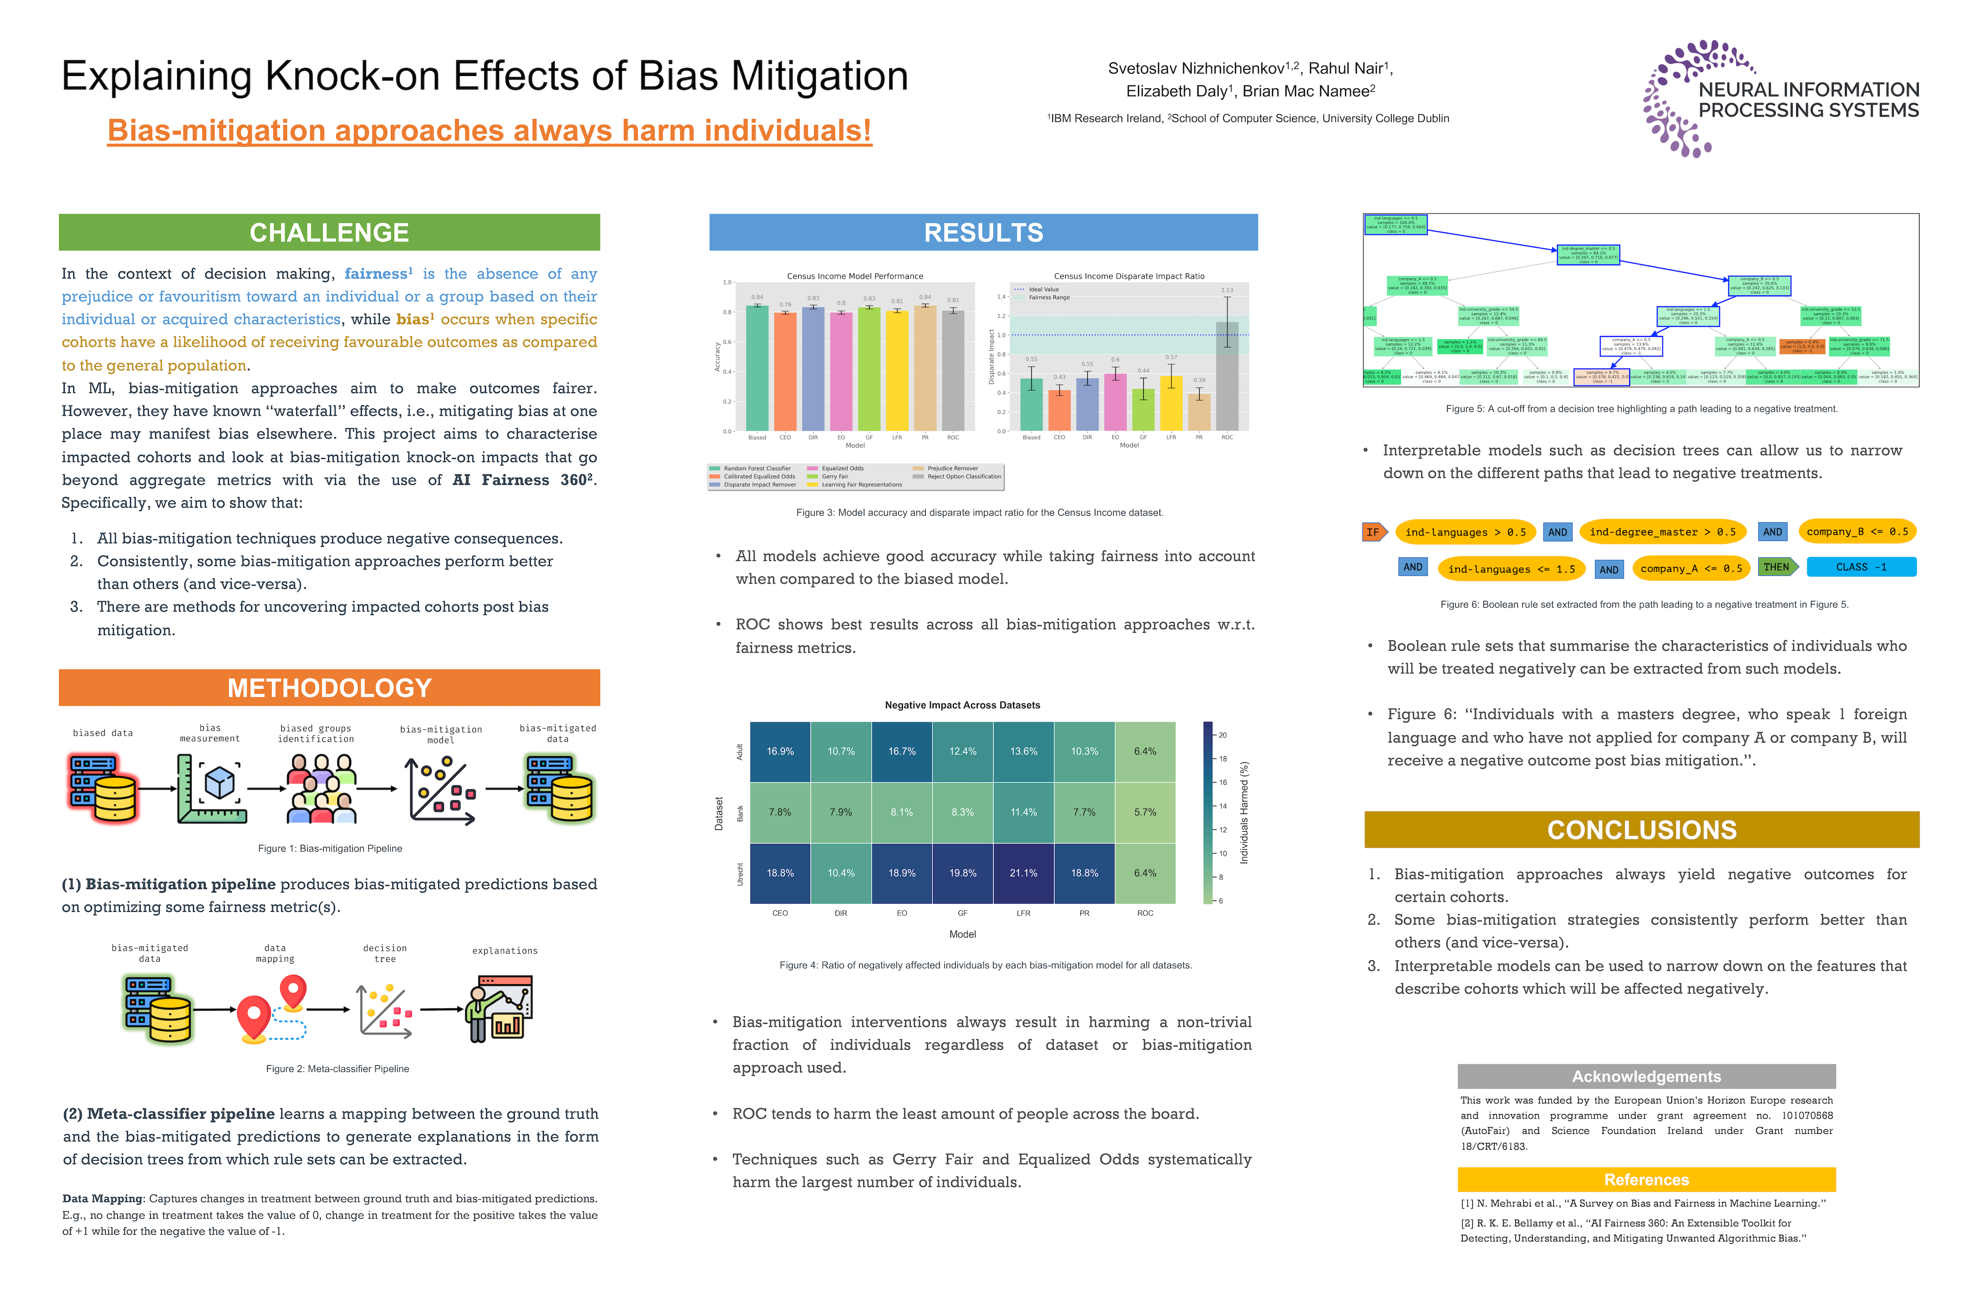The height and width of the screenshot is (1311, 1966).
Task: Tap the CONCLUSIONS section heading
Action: [x=1641, y=829]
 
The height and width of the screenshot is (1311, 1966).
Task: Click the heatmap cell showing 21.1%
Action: [x=1023, y=873]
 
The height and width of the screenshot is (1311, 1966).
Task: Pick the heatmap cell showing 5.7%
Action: [x=1144, y=812]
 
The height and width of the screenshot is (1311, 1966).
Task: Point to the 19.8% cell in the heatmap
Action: [x=962, y=873]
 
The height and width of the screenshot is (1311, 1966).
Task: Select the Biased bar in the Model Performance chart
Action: [x=756, y=368]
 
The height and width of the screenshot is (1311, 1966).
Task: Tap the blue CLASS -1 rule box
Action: [x=1861, y=567]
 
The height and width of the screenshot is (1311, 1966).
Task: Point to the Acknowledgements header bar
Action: [x=1646, y=1076]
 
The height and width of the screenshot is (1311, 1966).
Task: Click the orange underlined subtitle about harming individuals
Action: [x=489, y=131]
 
